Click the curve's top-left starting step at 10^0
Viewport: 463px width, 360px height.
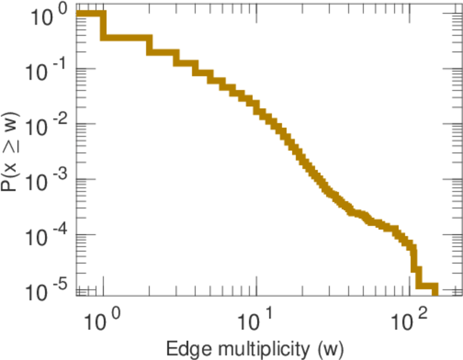[x=90, y=14]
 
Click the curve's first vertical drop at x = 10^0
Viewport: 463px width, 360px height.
[x=103, y=26]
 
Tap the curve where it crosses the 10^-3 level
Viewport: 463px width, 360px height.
[x=313, y=179]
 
